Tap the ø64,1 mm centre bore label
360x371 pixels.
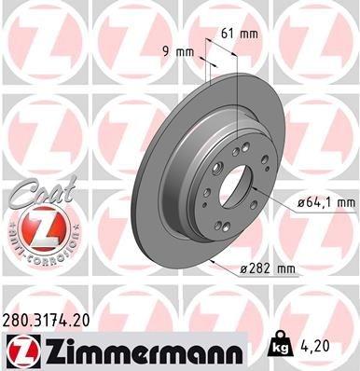321,199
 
